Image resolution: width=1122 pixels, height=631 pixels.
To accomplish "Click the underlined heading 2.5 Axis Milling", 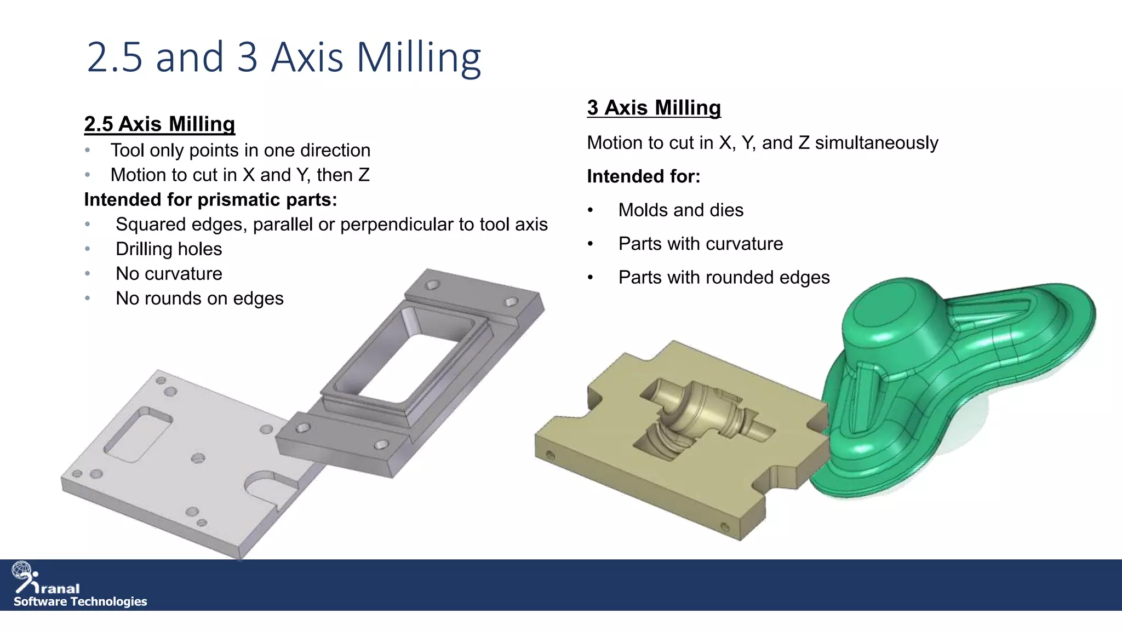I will tap(159, 124).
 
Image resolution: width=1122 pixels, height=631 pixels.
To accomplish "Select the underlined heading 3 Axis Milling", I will tap(654, 108).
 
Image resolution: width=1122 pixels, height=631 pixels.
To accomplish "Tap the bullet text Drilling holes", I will tap(169, 249).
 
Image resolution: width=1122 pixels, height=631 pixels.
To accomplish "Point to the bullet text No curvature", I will tap(169, 274).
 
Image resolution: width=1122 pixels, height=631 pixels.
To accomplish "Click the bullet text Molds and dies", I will tap(680, 210).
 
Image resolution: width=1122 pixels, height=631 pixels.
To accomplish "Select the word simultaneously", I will tap(877, 143).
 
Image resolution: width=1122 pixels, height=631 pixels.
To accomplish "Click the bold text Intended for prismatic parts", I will tap(210, 200).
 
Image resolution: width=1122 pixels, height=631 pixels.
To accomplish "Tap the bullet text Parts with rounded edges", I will tap(724, 278).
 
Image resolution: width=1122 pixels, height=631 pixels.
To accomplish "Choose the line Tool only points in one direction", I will tap(241, 151).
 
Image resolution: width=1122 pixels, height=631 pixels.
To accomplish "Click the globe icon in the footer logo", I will tap(22, 570).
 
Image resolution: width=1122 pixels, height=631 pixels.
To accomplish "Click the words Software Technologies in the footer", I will tap(81, 601).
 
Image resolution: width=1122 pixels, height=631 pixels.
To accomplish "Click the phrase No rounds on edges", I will tap(199, 299).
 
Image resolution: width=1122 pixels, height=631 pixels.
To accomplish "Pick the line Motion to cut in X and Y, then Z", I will tap(240, 175).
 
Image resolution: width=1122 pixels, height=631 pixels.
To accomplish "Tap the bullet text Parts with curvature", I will tap(700, 244).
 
